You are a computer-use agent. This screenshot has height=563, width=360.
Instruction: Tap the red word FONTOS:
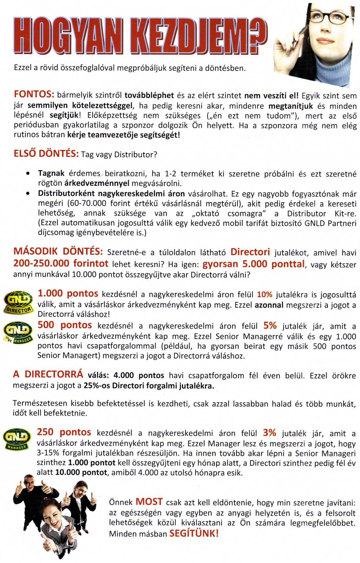(x=34, y=94)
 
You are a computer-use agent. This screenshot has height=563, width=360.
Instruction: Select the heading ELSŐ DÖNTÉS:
(x=46, y=154)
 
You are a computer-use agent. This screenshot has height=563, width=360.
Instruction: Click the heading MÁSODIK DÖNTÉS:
(x=58, y=252)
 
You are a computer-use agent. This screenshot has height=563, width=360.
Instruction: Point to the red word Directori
(x=250, y=252)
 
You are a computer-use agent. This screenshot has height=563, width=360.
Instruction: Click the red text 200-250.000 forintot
(x=61, y=263)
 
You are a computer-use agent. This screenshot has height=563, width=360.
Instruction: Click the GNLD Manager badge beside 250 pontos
(x=17, y=440)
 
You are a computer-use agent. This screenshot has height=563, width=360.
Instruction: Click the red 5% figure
(x=270, y=325)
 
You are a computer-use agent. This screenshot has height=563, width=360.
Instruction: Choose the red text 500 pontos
(x=65, y=325)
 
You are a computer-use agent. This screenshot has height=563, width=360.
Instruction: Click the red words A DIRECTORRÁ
(x=48, y=374)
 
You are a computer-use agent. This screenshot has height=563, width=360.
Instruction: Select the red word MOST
(x=149, y=502)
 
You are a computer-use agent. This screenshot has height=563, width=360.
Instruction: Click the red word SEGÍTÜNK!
(x=194, y=533)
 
